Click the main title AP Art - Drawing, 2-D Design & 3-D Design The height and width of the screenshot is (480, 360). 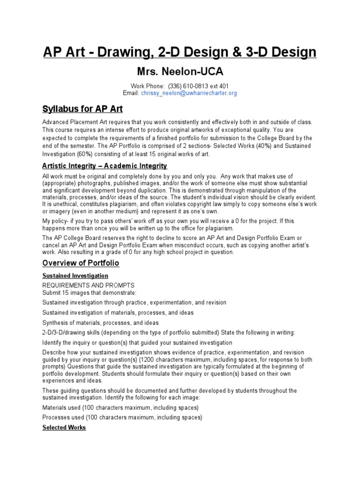(180, 52)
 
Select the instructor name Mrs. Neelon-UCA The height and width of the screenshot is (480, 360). (180, 72)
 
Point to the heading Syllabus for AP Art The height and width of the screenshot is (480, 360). (82, 109)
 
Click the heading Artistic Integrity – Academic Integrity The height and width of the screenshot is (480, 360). (105, 166)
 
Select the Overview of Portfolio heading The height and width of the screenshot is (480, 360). (81, 262)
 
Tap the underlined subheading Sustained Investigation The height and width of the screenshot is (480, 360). (75, 276)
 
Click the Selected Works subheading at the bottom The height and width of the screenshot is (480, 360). (64, 427)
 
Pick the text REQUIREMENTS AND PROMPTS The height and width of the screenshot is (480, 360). (88, 285)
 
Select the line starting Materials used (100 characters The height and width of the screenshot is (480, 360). (120, 407)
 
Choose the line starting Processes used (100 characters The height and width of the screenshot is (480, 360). (122, 417)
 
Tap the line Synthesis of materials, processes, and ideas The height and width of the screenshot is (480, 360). (100, 322)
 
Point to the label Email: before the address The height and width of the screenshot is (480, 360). (131, 93)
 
